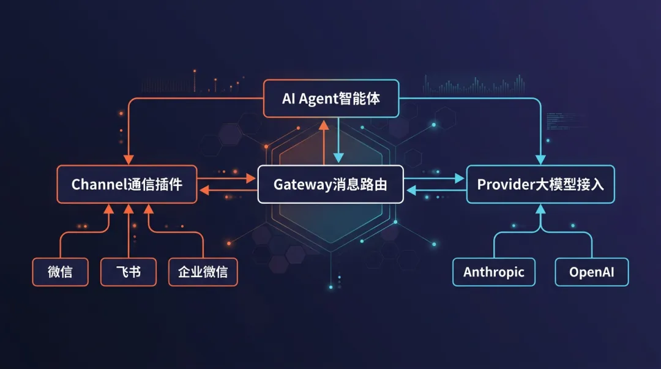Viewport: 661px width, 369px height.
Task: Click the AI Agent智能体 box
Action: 331,99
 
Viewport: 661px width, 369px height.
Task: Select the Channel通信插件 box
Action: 127,184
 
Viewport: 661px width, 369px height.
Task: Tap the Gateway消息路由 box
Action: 330,184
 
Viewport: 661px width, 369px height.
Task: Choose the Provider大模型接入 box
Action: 540,184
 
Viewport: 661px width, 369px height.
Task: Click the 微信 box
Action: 60,272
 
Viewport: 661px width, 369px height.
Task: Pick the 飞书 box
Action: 129,272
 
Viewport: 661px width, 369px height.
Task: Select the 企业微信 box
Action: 203,272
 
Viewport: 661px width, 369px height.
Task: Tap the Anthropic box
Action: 494,272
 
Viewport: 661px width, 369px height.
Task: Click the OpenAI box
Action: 592,272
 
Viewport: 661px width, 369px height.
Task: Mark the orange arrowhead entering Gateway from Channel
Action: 250,179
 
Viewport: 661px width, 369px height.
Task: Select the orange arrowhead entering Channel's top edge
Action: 129,159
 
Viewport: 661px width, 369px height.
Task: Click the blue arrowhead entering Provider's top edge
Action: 540,159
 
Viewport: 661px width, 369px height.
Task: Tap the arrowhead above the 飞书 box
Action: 129,209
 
